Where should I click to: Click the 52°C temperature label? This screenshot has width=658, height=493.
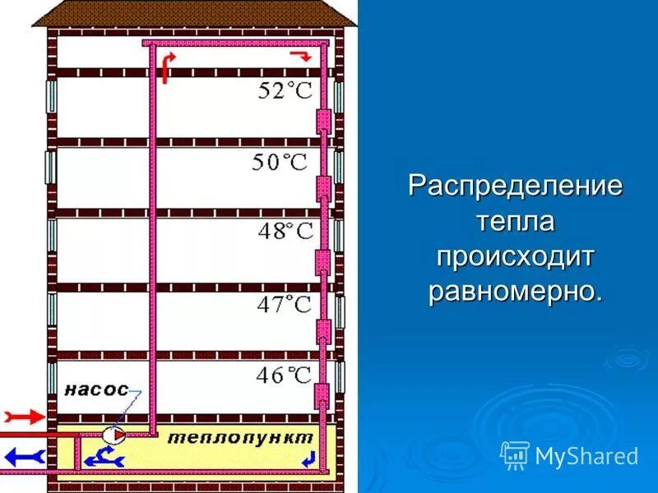coord(285,90)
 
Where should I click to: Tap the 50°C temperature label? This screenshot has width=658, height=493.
coord(279,162)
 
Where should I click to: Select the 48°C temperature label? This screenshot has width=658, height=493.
coord(285,231)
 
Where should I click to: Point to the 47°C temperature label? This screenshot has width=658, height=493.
coord(284,306)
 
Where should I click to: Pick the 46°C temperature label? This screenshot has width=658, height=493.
coord(284,376)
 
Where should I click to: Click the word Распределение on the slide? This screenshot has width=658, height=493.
coord(516,185)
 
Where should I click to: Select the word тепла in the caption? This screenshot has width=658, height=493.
coord(516,220)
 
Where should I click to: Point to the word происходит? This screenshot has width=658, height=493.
coord(516,256)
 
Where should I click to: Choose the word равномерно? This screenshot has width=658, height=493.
coord(516,291)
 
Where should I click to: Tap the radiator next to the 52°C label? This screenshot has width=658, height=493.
coord(323,121)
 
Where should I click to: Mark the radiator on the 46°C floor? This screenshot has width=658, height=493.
coord(323,397)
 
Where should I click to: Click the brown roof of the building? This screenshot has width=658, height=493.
coord(197,13)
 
